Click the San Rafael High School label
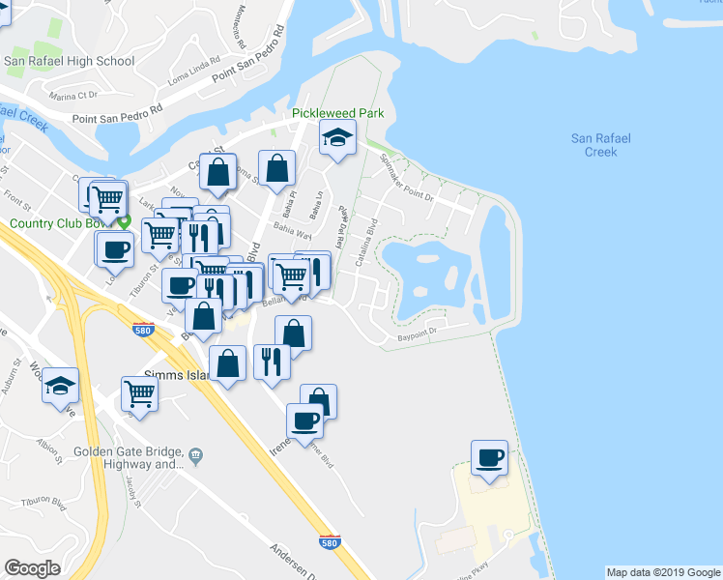[x=69, y=61]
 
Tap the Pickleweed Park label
[x=338, y=113]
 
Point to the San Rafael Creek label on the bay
[x=600, y=145]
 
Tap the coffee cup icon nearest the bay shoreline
[x=489, y=457]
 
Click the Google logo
[x=32, y=568]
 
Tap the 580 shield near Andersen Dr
[x=330, y=542]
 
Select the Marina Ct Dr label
[x=74, y=96]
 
